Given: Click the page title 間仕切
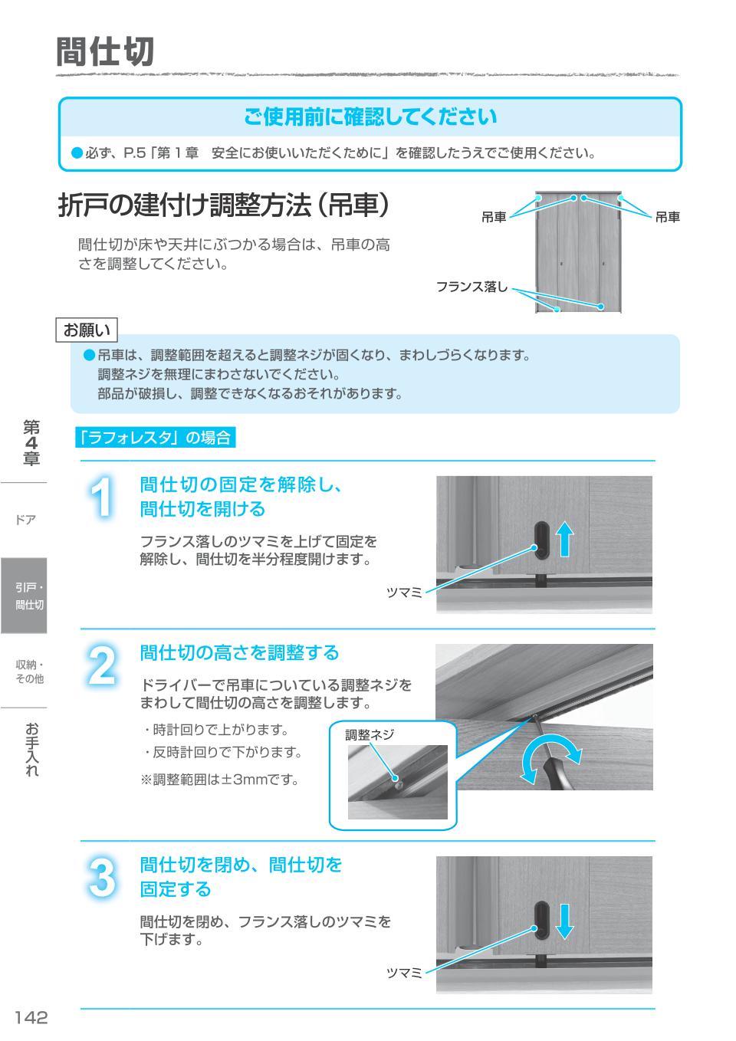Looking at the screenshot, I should click(105, 52).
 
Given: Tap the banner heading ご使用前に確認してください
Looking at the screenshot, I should click(370, 117).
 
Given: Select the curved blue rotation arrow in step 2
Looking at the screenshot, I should click(547, 760).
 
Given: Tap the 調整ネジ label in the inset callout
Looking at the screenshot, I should click(370, 734).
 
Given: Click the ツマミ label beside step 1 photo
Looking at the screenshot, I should click(404, 593).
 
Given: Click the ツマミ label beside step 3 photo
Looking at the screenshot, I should click(404, 973).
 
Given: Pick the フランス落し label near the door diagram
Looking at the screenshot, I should click(472, 287).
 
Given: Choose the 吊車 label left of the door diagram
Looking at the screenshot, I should click(494, 218).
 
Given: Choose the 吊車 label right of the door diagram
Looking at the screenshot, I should click(667, 218).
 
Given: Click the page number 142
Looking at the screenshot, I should click(31, 1017).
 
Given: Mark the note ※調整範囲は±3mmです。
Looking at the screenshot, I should click(219, 780).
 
